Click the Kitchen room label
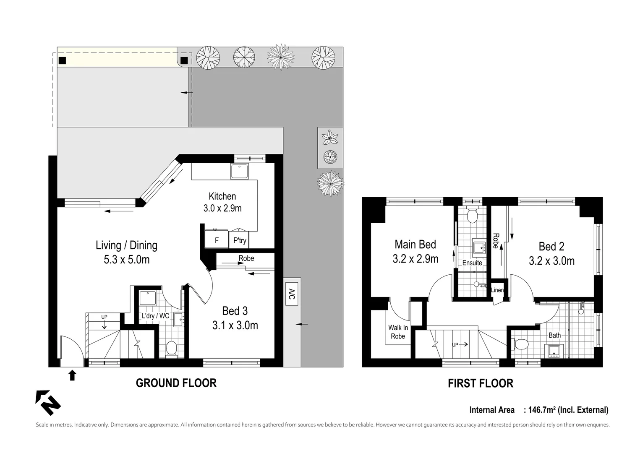point(222,196)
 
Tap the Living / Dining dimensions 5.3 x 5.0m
point(126,260)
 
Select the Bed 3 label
point(235,311)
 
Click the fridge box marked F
point(217,240)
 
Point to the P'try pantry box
point(240,240)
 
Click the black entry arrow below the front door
point(72,375)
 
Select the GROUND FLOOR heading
point(176,383)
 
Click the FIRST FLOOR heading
point(480,383)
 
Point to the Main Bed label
point(415,245)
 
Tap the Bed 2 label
point(551,247)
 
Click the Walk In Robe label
point(398,332)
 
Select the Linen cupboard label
point(497,290)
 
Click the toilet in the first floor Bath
point(521,344)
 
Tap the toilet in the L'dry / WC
point(171,349)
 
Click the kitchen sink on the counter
point(240,172)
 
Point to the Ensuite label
point(472,263)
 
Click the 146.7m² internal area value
point(542,410)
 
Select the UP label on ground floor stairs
point(104,317)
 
